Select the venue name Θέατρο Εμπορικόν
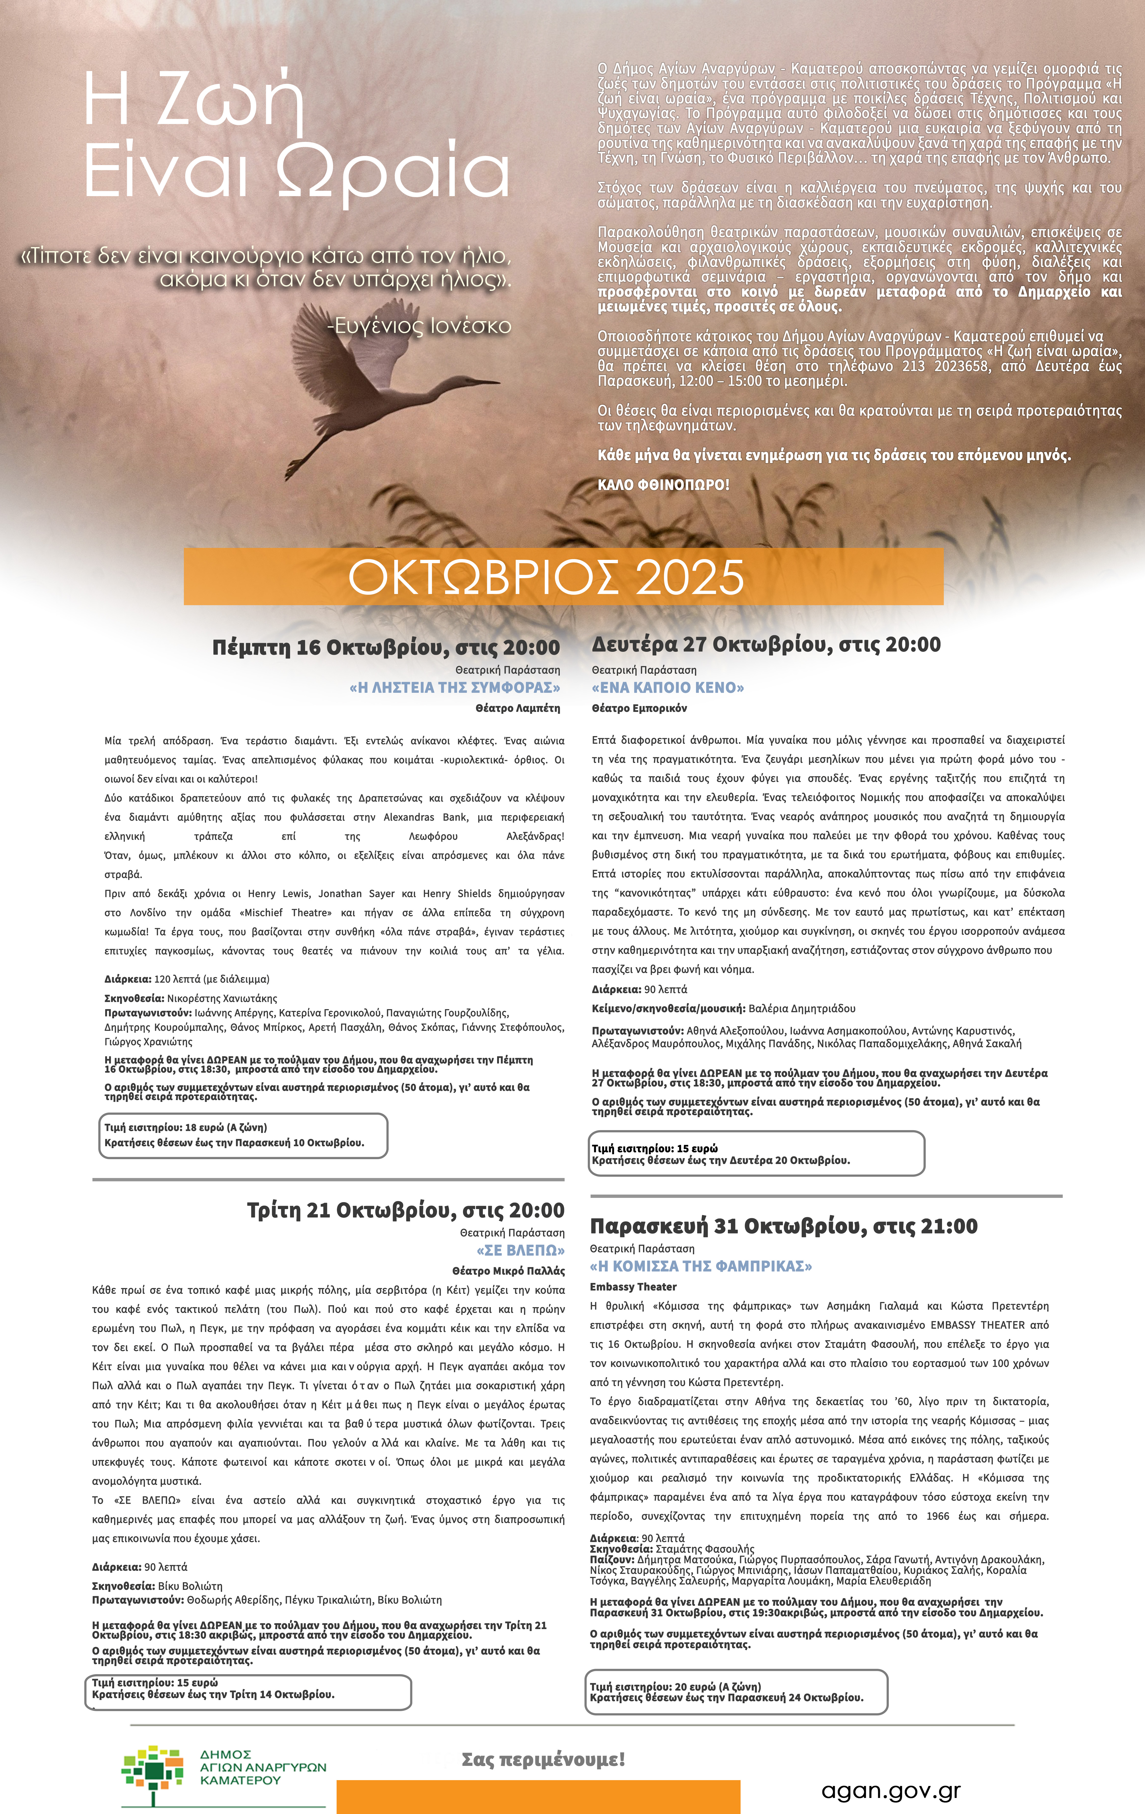tap(639, 708)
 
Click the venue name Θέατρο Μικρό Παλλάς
tap(509, 1271)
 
